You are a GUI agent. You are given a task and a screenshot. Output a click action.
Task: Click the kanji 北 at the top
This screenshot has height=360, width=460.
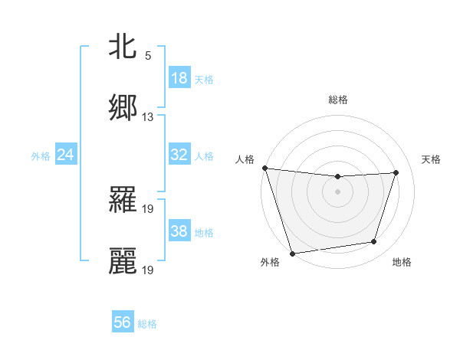(x=123, y=47)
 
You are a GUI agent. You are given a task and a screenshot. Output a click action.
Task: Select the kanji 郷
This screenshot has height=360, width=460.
(x=123, y=108)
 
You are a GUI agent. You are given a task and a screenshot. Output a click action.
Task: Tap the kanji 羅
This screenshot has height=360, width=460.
(x=123, y=200)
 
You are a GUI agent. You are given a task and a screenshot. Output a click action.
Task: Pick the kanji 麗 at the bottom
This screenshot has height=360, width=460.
(x=123, y=261)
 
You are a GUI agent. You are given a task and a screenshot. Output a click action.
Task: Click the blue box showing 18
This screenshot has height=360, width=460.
(x=179, y=78)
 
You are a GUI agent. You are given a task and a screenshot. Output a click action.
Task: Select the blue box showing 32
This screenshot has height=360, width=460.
(x=179, y=155)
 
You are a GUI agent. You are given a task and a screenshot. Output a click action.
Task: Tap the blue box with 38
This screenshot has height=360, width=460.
(x=179, y=231)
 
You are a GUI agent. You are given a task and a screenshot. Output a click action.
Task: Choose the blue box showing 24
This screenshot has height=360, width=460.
(x=66, y=155)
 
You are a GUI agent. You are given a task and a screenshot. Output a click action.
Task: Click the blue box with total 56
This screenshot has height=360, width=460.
(x=123, y=322)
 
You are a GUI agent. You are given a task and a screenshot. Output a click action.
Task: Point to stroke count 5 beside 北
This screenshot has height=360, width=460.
(x=148, y=56)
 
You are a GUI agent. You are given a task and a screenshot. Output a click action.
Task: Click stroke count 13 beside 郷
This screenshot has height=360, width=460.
(x=148, y=117)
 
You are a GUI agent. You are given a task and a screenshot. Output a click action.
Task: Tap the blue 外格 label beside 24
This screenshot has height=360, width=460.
(x=41, y=155)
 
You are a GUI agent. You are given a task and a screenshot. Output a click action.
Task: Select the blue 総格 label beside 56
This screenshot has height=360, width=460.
(x=147, y=324)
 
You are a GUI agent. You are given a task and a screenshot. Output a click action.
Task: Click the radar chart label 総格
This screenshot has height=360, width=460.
(x=338, y=100)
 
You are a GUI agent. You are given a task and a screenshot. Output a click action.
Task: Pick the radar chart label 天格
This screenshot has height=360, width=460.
(x=432, y=159)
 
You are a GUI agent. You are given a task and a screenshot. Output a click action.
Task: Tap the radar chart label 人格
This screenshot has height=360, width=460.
(x=245, y=159)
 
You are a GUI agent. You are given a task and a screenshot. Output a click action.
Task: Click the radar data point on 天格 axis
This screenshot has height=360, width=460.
(x=396, y=172)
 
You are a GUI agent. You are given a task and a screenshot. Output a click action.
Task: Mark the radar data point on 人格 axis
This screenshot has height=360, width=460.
(x=264, y=168)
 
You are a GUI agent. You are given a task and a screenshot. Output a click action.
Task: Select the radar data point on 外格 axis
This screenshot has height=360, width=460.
(x=292, y=252)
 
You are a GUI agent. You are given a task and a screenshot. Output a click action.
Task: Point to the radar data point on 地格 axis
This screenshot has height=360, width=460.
(x=374, y=242)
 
